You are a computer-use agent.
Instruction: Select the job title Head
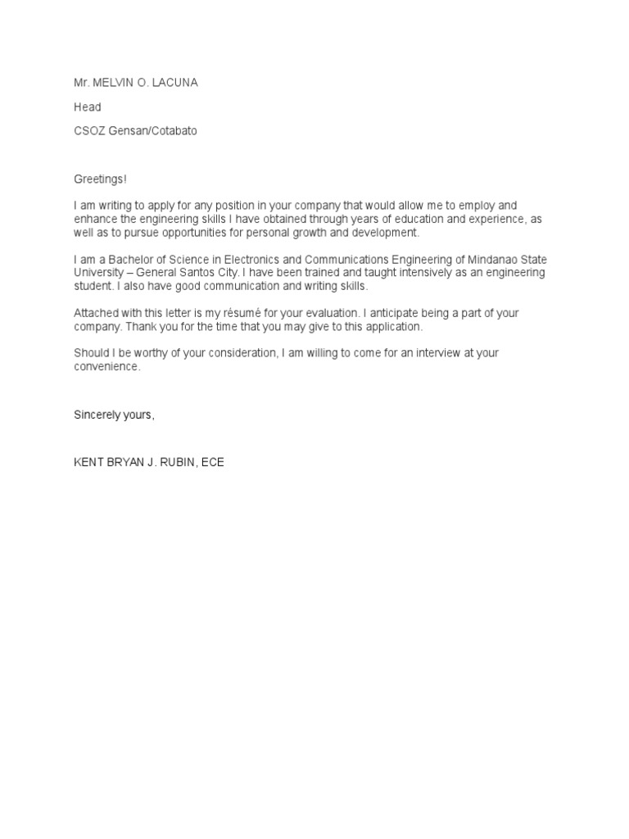(x=88, y=107)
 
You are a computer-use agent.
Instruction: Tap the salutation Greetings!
(x=101, y=179)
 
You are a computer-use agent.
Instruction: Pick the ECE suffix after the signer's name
(x=213, y=462)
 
